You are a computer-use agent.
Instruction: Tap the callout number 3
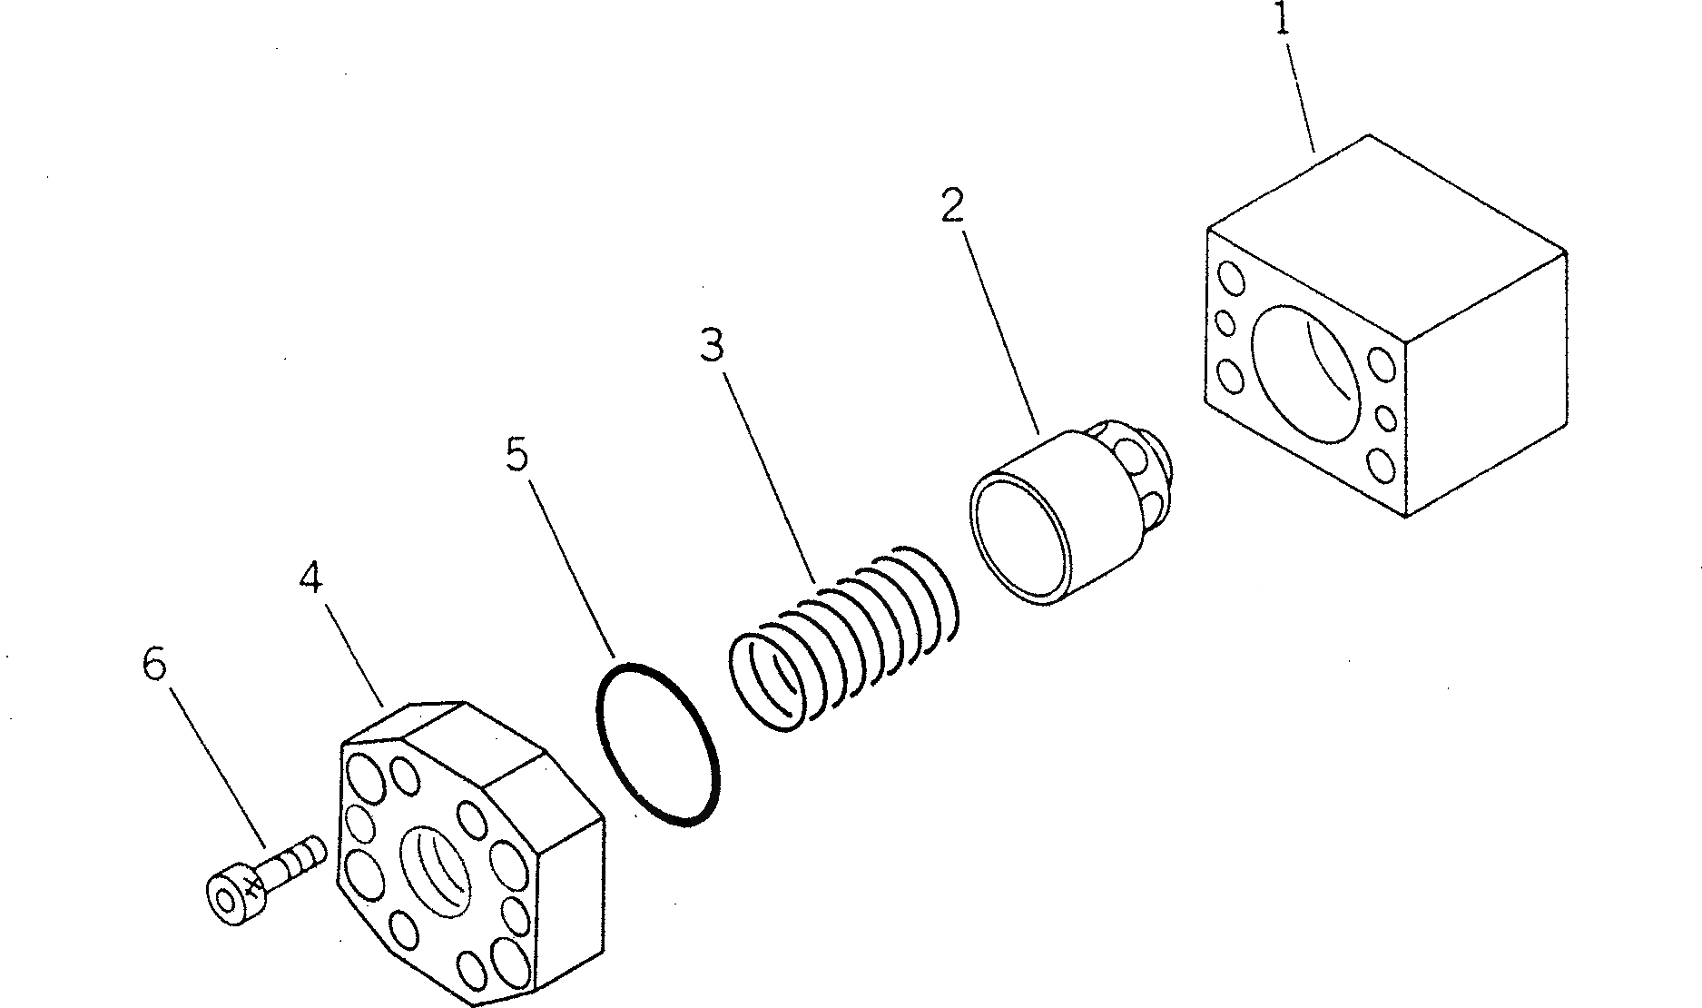point(712,345)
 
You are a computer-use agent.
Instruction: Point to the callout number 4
point(310,578)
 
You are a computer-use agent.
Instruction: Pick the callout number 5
point(516,454)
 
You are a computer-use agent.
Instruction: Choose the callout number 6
point(154,666)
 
